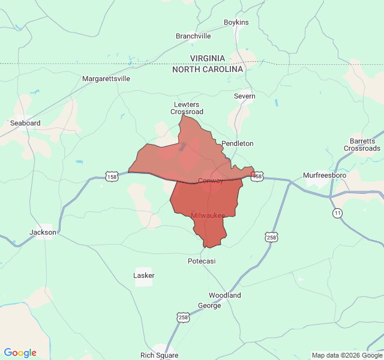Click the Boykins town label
pos(236,22)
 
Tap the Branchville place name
pos(193,36)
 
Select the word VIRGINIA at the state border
pos(208,58)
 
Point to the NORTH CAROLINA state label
pos(208,70)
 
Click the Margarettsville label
pos(106,79)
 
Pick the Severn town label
pos(244,96)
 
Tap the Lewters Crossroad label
pos(187,108)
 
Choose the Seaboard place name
pos(25,123)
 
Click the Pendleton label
pos(238,143)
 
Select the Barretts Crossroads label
pos(362,145)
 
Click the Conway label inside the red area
pos(211,181)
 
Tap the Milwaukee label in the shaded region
pos(208,215)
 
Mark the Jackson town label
pos(43,232)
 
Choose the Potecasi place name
pos(202,261)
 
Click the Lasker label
pos(144,275)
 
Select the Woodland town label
pos(224,295)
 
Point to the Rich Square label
pos(160,355)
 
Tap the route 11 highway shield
pos(338,213)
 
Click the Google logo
pos(20,353)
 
